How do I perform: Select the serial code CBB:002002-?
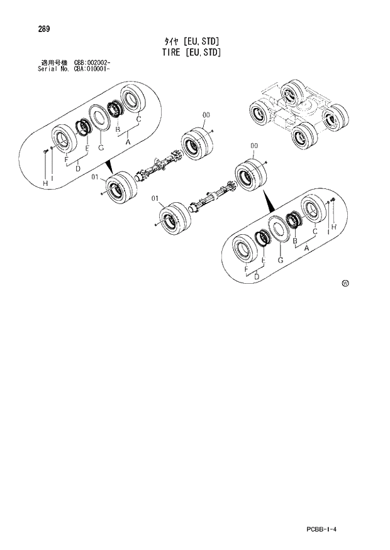click(93, 63)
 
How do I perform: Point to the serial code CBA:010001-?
click(92, 68)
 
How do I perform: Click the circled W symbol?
click(345, 284)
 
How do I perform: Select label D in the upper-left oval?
click(77, 168)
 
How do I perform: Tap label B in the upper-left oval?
click(118, 130)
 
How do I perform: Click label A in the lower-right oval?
click(306, 249)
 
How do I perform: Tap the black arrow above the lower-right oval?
click(269, 202)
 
